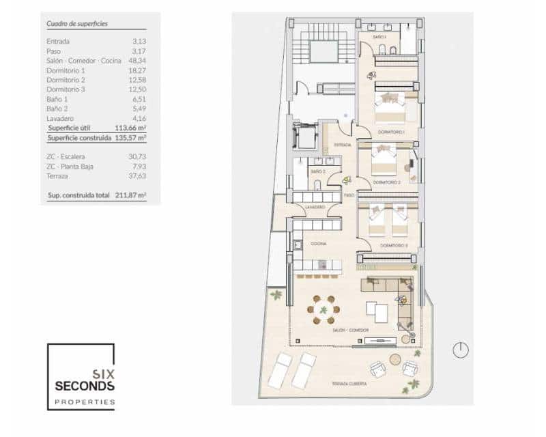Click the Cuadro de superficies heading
77,23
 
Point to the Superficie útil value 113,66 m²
132,128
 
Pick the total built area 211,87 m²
132,195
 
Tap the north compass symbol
461,350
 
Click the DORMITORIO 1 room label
392,131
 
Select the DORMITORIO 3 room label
394,245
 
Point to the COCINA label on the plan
318,243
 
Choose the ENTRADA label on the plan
343,145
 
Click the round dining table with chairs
324,309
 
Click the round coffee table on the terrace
395,359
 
